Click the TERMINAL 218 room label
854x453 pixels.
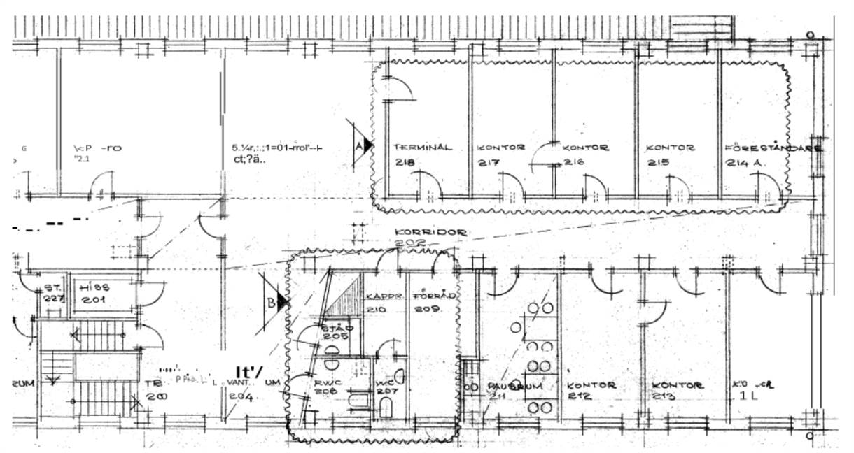[422, 154]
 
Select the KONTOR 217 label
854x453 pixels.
[501, 154]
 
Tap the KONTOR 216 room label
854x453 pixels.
[585, 154]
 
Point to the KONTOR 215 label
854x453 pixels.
[670, 154]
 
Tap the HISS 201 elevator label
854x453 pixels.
[94, 293]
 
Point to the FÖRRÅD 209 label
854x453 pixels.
[433, 302]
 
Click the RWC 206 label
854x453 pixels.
[328, 387]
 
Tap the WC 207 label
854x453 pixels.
[388, 387]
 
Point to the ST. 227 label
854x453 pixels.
[54, 293]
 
